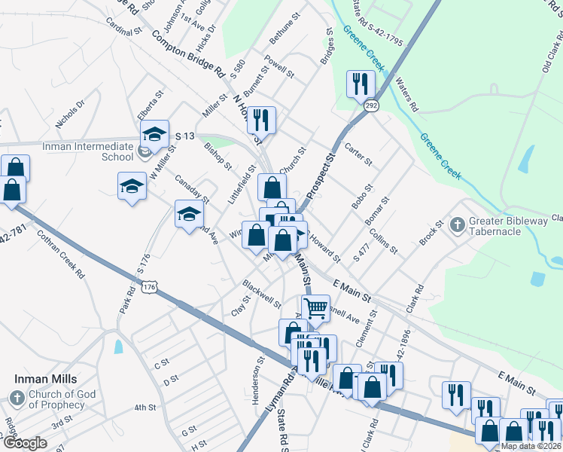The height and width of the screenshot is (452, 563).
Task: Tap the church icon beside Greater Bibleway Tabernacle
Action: pos(457,224)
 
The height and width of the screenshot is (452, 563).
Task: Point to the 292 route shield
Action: pos(373,107)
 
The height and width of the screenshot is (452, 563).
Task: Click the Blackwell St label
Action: pos(260,293)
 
